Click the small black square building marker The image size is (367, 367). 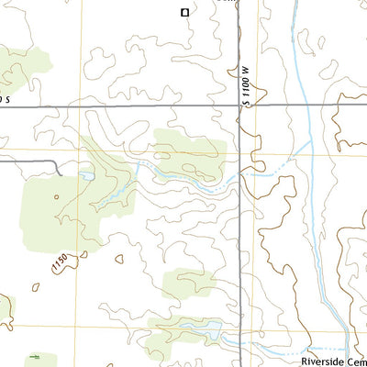click(184, 12)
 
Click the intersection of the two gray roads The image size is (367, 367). click(241, 106)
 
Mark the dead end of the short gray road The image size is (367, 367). click(61, 173)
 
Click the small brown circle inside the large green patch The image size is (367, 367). click(56, 195)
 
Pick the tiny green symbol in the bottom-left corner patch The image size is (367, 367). click(34, 356)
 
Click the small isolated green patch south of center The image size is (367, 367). click(187, 284)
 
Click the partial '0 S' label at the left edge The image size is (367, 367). click(6, 98)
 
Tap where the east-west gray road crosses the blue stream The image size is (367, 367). click(304, 106)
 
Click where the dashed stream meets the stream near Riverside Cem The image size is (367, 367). click(348, 349)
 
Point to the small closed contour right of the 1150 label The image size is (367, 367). click(119, 261)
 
